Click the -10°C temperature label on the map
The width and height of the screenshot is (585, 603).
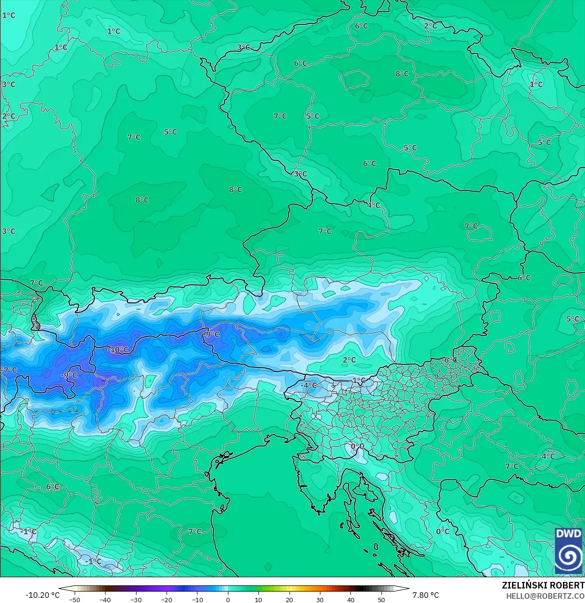click(x=118, y=350)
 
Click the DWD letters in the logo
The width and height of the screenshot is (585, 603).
click(x=568, y=534)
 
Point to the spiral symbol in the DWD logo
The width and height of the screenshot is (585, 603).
click(x=568, y=557)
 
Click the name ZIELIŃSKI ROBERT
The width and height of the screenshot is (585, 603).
click(x=543, y=585)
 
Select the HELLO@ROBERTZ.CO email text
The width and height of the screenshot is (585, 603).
click(x=545, y=596)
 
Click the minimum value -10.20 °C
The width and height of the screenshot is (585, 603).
click(x=42, y=595)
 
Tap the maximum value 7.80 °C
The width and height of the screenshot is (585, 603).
click(x=425, y=595)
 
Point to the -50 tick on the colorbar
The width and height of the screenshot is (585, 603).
click(x=75, y=600)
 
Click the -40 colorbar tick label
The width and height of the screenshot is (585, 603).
click(x=105, y=600)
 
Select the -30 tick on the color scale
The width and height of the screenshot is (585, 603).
click(x=136, y=600)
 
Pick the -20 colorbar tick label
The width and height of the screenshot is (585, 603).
click(x=167, y=600)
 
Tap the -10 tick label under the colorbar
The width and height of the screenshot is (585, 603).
click(x=197, y=600)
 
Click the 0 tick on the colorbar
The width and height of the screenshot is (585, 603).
click(x=228, y=600)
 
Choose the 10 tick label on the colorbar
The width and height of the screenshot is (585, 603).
click(x=258, y=600)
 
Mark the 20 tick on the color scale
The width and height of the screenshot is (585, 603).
click(x=289, y=600)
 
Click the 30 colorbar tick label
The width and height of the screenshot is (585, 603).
click(x=320, y=600)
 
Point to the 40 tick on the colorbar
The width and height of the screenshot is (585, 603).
click(x=350, y=600)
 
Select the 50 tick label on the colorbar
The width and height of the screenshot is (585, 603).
click(x=381, y=600)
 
